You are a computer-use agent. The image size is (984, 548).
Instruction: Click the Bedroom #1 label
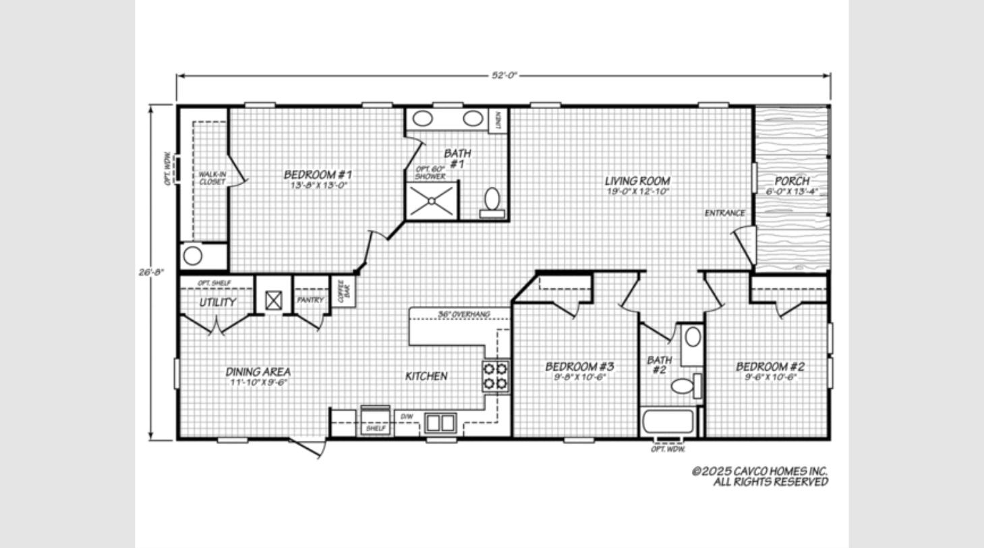pyautogui.click(x=318, y=175)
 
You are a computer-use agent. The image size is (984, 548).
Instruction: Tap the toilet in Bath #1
pyautogui.click(x=492, y=203)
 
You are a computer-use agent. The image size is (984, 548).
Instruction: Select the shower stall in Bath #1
pyautogui.click(x=432, y=201)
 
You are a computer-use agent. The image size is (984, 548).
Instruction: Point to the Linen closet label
pyautogui.click(x=498, y=120)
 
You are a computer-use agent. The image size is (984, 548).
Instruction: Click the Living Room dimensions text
pyautogui.click(x=637, y=191)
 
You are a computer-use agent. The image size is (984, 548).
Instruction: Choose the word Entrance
pyautogui.click(x=725, y=213)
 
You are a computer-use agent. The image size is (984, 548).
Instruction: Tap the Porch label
pyautogui.click(x=792, y=181)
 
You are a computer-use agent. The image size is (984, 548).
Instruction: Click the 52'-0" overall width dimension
pyautogui.click(x=504, y=75)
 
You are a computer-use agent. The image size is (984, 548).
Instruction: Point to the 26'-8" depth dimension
pyautogui.click(x=152, y=272)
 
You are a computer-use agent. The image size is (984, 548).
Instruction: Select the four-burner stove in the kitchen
pyautogui.click(x=496, y=376)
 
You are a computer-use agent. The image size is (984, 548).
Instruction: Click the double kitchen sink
pyautogui.click(x=440, y=423)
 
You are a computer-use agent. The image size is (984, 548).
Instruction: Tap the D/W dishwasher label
pyautogui.click(x=406, y=417)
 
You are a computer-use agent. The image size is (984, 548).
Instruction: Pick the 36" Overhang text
pyautogui.click(x=463, y=314)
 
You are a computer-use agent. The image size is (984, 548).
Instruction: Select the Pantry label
pyautogui.click(x=310, y=300)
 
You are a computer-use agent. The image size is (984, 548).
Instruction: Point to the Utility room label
pyautogui.click(x=217, y=302)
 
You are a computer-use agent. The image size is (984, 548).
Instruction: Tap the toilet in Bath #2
pyautogui.click(x=686, y=386)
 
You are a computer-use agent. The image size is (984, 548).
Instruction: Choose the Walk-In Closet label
pyautogui.click(x=212, y=178)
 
